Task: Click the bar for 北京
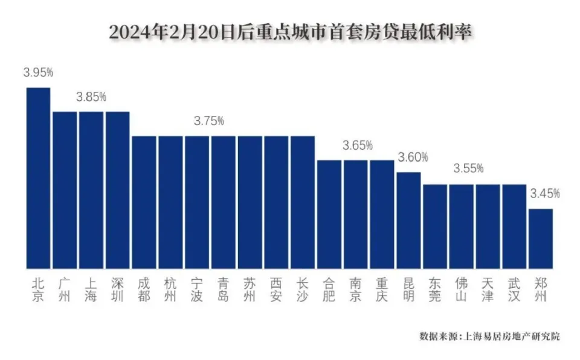point(38,178)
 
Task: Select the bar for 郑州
point(541,238)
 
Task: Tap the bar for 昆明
point(408,220)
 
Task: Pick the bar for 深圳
point(117,190)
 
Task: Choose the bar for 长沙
point(303,202)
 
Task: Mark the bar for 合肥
point(329,214)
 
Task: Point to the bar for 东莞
point(435,226)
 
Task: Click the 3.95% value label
point(39,72)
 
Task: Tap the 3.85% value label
point(91,97)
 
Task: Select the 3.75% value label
point(209,121)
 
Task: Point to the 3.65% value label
point(358,146)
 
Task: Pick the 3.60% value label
point(413,157)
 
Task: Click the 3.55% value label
point(468,169)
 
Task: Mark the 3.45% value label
point(545,194)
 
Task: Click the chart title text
point(289,32)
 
